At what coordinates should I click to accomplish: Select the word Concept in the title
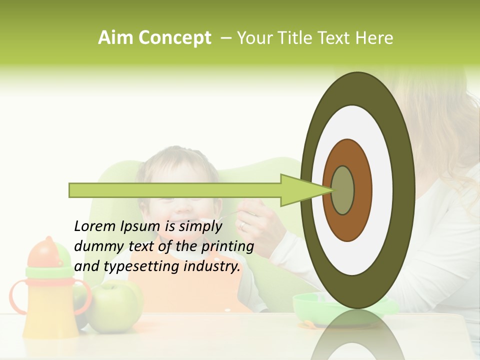(x=174, y=38)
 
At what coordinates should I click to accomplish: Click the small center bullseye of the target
(x=343, y=190)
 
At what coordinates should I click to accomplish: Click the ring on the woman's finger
(x=242, y=226)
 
